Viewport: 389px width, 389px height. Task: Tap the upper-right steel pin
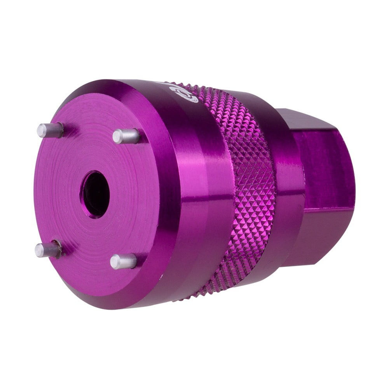(x=126, y=136)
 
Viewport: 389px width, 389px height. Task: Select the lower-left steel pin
(x=47, y=249)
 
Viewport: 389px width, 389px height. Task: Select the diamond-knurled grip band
(x=249, y=187)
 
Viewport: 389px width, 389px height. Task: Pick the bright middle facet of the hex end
(x=326, y=167)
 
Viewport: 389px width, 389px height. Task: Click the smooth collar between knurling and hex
(x=290, y=187)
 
